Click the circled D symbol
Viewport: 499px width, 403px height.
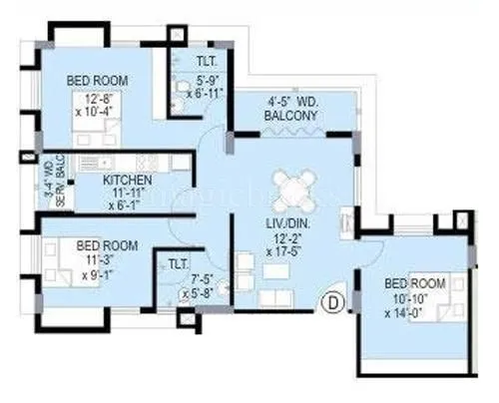point(332,298)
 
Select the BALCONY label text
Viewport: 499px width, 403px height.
point(291,116)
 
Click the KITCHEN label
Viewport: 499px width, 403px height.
point(129,180)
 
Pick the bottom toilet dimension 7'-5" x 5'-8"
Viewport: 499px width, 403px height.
point(202,287)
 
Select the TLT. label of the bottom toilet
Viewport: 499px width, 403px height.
point(179,264)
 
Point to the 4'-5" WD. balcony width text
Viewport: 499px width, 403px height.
point(291,102)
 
